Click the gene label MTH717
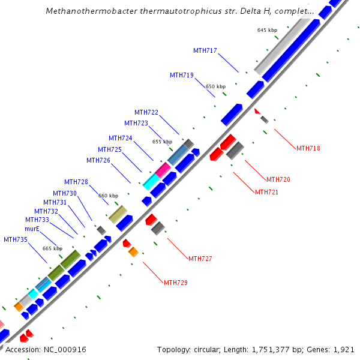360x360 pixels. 205,50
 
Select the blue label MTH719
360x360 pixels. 182,76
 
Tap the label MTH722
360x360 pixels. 146,113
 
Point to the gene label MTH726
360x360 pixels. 98,160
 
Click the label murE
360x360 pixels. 32,229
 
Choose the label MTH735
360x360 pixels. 16,239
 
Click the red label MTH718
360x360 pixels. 308,148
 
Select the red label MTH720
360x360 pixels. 278,179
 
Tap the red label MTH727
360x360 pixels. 200,259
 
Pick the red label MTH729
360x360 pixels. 176,283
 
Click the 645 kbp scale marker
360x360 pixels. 267,30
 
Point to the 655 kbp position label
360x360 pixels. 162,142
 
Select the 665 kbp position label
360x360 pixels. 52,248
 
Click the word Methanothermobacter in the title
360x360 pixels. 88,11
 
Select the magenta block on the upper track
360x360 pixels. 162,170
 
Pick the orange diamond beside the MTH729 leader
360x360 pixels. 134,252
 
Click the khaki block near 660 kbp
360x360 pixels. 118,214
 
